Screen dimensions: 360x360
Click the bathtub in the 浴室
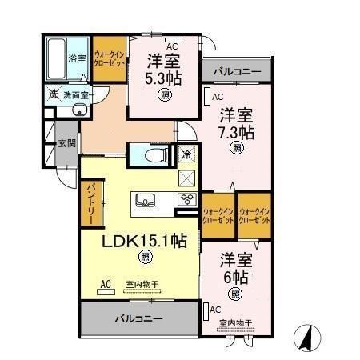pos(55,58)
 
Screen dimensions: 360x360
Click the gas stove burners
pos(186,199)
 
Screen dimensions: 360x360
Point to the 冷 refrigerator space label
pos(186,154)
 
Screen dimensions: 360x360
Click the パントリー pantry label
pos(90,205)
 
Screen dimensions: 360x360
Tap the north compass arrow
pos(306,337)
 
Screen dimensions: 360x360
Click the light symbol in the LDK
pos(145,257)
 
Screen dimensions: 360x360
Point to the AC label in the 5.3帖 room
pos(171,46)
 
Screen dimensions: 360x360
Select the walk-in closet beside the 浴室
pos(107,58)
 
